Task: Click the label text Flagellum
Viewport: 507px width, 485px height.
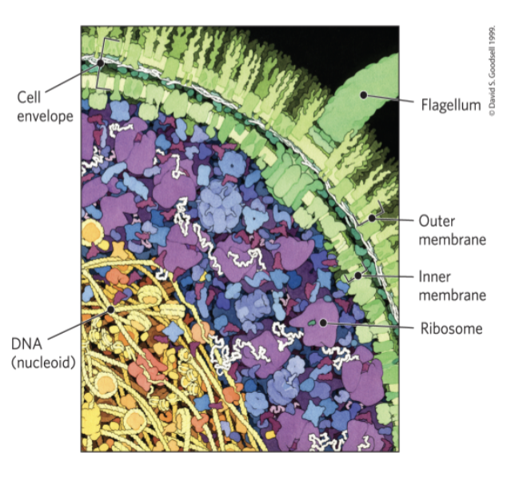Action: point(450,104)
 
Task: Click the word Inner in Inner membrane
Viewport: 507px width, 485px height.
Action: point(434,277)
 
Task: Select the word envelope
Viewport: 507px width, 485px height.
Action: point(45,117)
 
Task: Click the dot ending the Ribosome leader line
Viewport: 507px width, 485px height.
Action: point(324,323)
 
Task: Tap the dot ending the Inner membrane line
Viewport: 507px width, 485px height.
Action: point(357,275)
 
